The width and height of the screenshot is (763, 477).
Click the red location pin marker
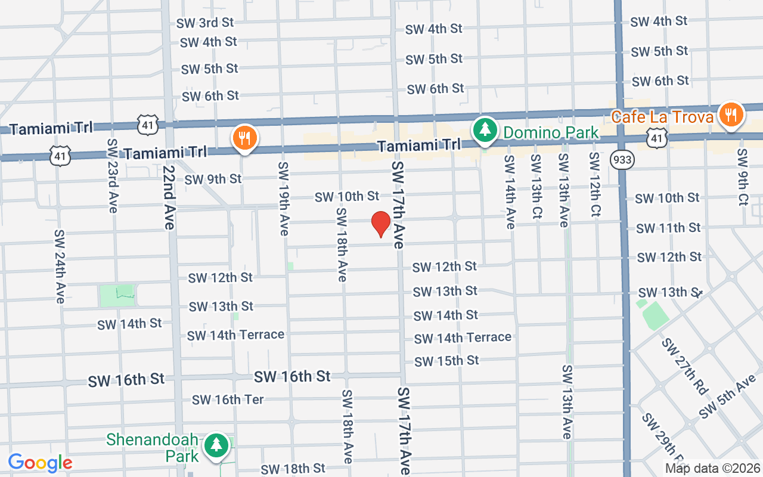click(381, 224)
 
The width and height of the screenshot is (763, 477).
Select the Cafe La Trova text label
click(662, 116)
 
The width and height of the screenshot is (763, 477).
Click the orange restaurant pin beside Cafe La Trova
click(730, 114)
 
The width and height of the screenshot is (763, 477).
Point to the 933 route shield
click(622, 160)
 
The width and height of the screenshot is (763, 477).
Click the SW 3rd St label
click(205, 23)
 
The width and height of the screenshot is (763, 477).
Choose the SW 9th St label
click(213, 179)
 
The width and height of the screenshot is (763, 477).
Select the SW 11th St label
click(668, 228)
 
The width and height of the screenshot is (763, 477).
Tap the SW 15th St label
click(446, 361)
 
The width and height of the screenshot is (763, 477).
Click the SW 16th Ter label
click(228, 399)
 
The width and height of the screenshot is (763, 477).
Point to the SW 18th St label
click(293, 469)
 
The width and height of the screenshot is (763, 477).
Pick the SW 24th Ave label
click(59, 266)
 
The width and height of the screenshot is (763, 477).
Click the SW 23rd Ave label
click(113, 176)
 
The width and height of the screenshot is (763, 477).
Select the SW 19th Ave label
click(283, 199)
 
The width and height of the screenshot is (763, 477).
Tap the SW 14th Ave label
click(510, 191)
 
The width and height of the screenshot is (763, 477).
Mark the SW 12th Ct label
click(594, 184)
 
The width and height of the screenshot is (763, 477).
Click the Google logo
click(40, 463)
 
